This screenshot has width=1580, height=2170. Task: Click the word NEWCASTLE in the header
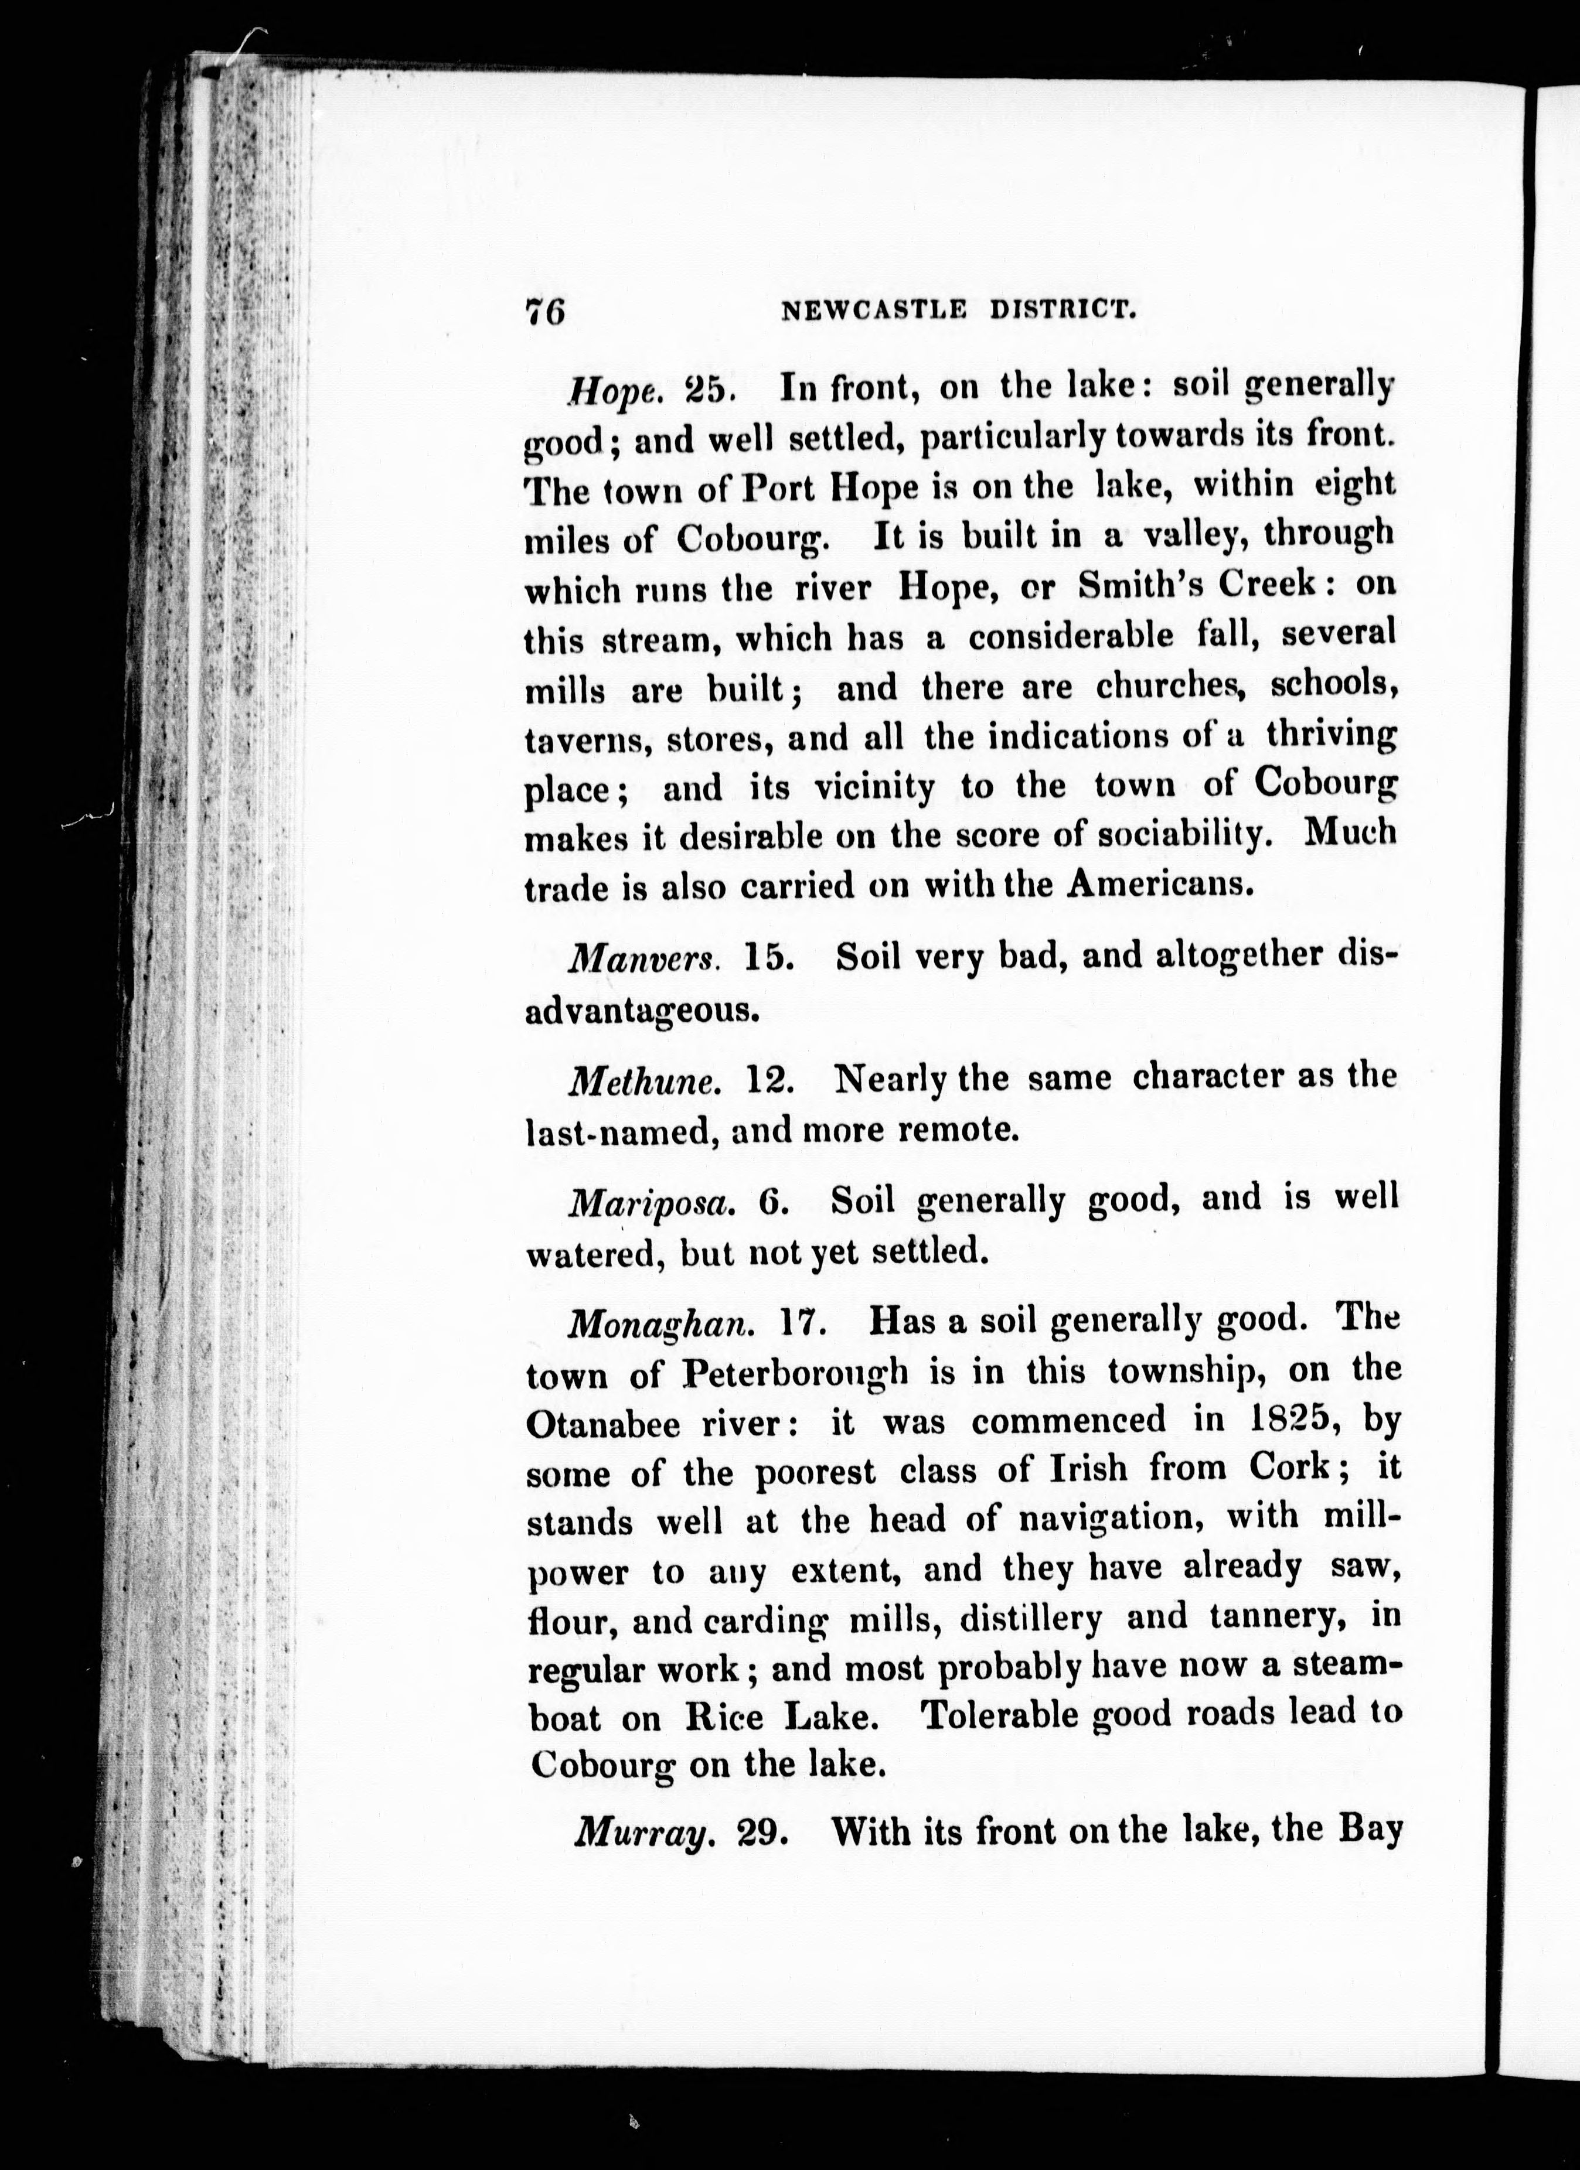point(873,309)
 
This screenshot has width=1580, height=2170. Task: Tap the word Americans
point(1160,882)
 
